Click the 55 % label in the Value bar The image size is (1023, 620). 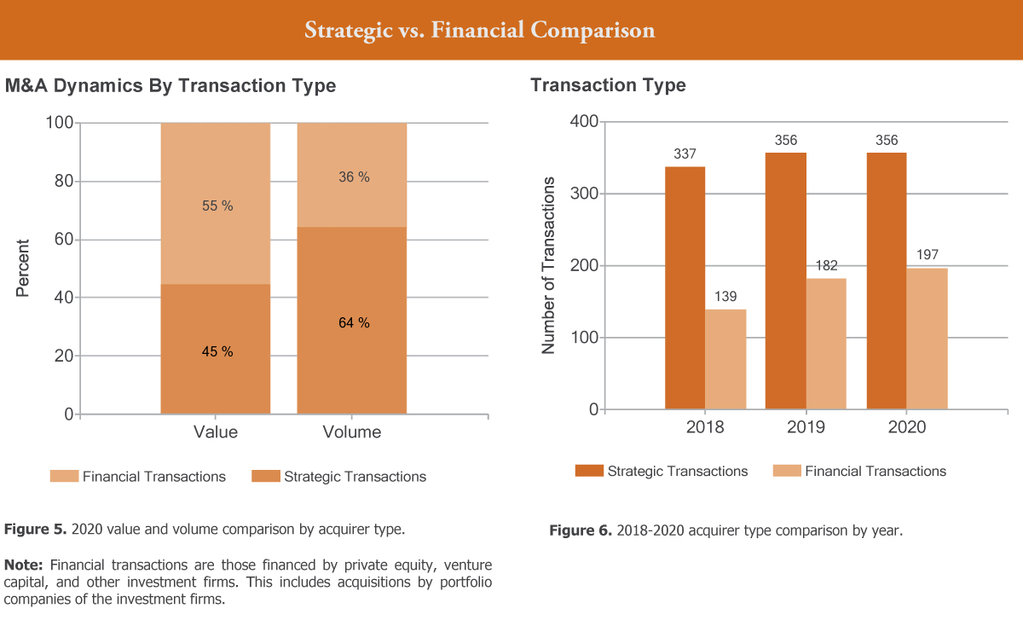217,206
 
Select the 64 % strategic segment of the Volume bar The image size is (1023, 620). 351,321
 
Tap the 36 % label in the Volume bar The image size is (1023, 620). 354,177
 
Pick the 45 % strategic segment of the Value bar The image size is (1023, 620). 216,349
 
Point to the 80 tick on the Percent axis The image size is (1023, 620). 64,181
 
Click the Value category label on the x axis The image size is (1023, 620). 216,432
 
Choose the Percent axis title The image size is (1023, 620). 22,268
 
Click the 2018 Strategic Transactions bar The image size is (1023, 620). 685,288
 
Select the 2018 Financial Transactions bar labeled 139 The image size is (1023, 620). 725,359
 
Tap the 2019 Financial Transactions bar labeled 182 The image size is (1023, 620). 826,344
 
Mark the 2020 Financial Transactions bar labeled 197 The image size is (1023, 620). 928,339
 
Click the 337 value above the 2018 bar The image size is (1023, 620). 685,154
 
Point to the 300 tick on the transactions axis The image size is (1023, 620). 584,194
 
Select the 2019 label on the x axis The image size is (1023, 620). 806,426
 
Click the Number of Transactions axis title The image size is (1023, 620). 548,265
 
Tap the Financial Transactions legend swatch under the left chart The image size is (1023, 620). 65,476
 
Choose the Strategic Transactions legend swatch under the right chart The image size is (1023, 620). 589,471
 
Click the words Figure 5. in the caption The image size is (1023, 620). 36,529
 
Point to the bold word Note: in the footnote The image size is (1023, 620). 23,565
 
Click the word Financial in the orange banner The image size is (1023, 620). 477,30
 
